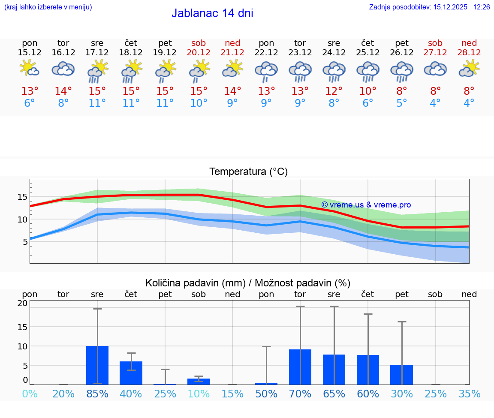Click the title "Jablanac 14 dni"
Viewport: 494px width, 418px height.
click(212, 13)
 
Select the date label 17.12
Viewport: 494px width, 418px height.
click(97, 52)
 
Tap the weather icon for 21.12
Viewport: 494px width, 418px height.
click(232, 69)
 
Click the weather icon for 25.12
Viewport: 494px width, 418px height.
click(367, 71)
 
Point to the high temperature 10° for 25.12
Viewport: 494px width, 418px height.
click(367, 91)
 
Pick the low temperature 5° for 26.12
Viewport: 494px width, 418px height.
click(401, 103)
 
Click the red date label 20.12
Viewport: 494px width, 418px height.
click(199, 52)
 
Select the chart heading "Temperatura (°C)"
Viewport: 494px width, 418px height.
click(248, 171)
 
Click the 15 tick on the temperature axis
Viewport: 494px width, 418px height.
click(23, 197)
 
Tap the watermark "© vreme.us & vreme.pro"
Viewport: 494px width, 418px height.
click(366, 205)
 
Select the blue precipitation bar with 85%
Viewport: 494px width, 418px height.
click(97, 365)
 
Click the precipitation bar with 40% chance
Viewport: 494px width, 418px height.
click(131, 373)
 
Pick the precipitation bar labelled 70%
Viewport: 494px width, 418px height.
click(300, 367)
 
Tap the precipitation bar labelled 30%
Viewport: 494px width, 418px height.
click(401, 375)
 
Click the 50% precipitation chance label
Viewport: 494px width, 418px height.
click(266, 394)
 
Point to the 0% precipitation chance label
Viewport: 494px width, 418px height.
click(30, 394)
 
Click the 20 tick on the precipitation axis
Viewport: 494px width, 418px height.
click(22, 304)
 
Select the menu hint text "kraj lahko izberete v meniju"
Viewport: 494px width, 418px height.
click(48, 7)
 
